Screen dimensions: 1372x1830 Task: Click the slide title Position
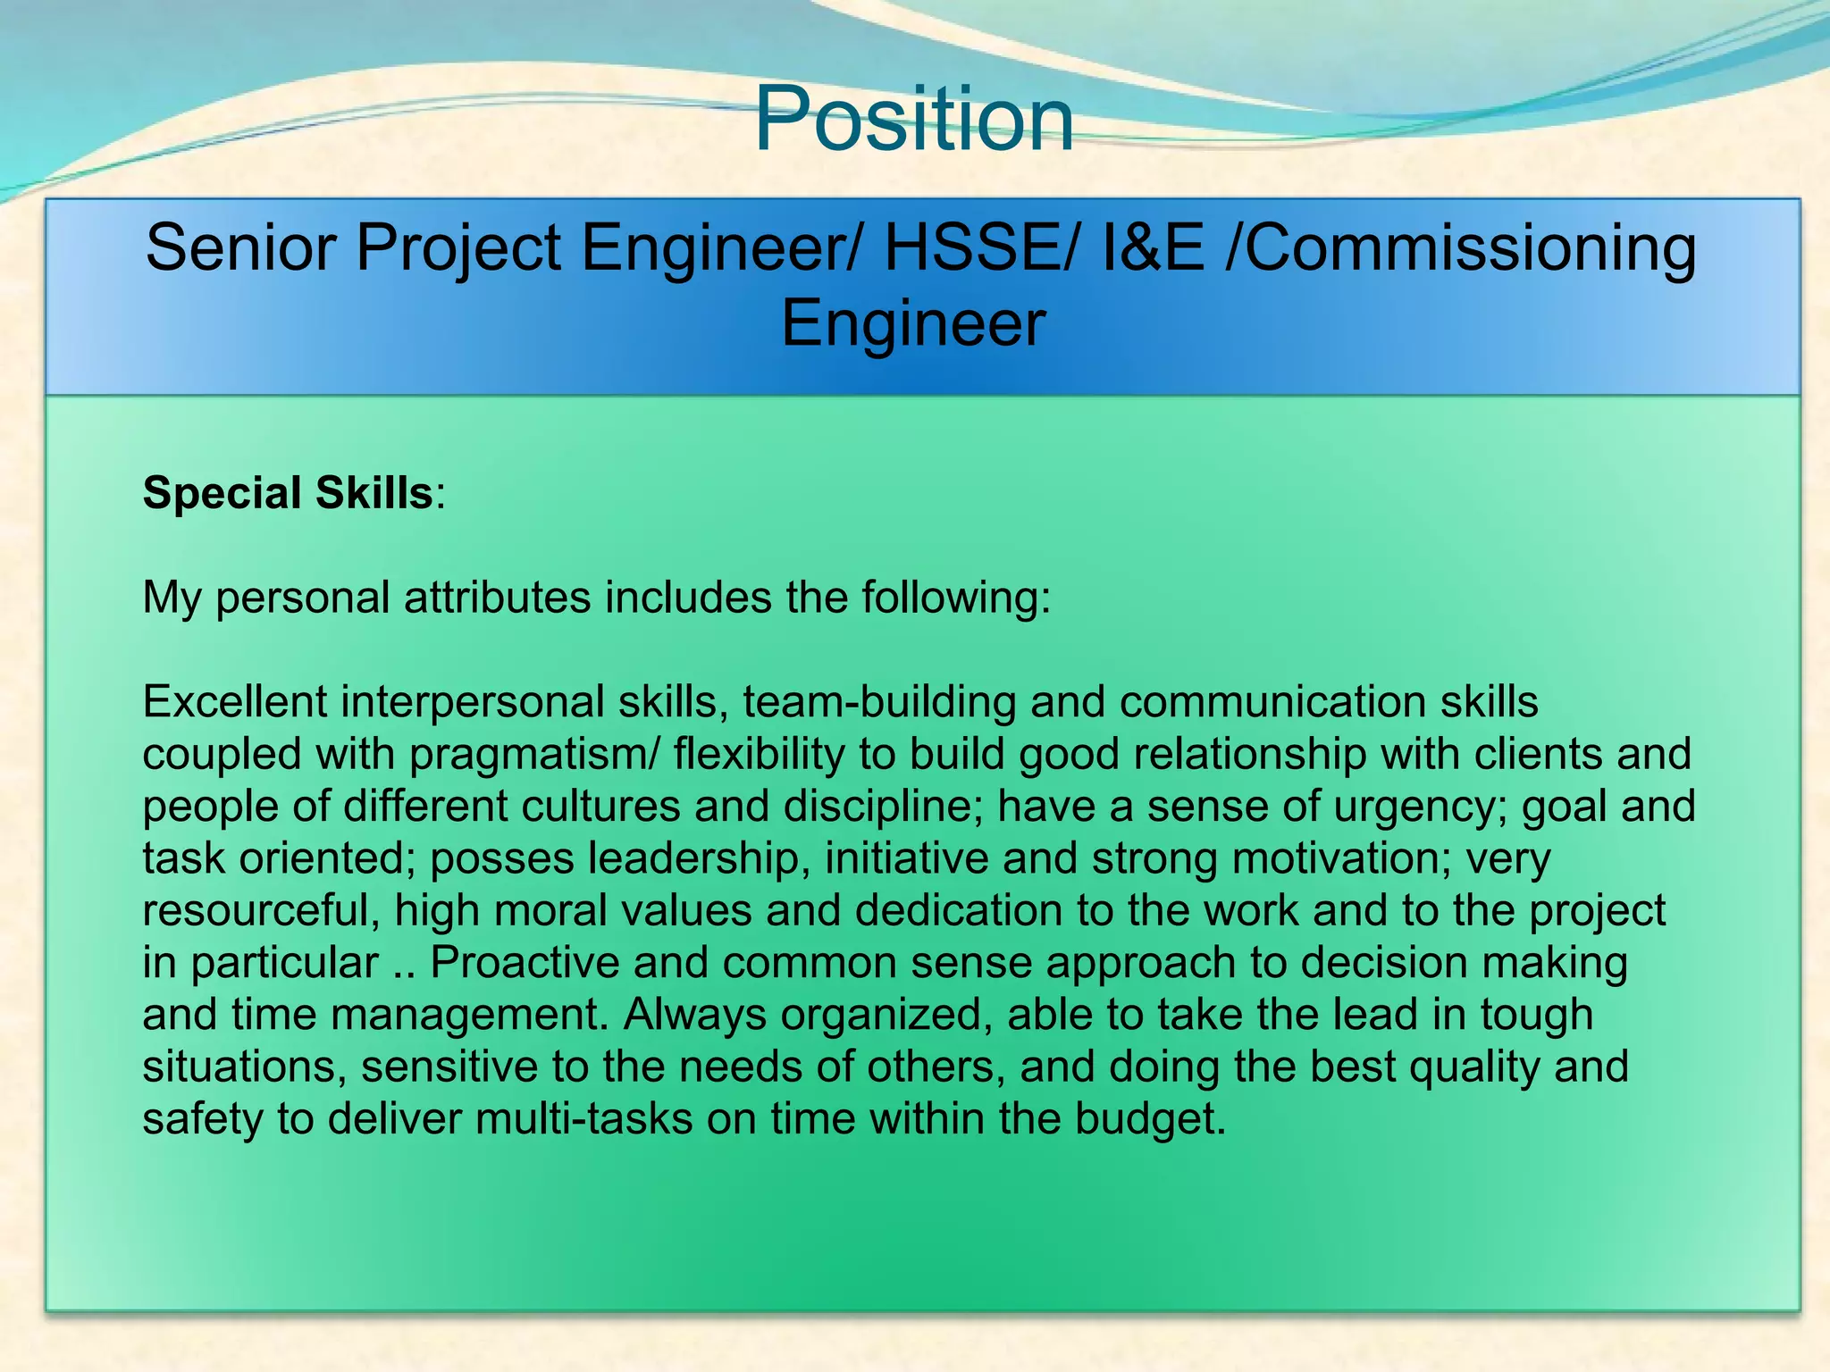coord(913,119)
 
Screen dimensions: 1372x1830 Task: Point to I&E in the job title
coord(1153,247)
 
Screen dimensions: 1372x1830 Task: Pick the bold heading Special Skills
coord(288,493)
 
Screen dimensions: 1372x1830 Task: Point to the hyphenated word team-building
coord(879,703)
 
